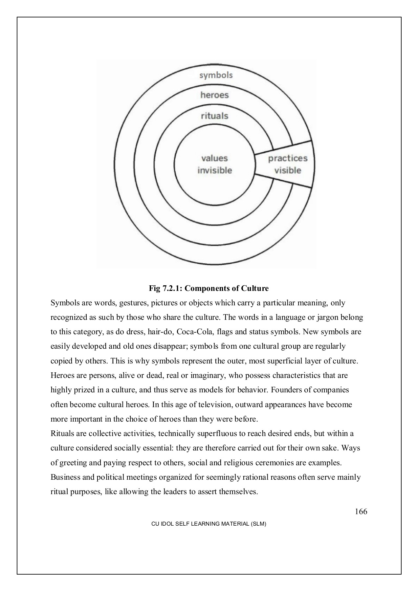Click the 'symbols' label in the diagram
click(x=216, y=75)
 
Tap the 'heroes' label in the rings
click(x=214, y=95)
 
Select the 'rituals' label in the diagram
click(x=214, y=116)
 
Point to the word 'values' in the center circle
click(x=214, y=158)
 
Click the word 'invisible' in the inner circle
click(x=214, y=170)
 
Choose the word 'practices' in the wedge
click(x=288, y=158)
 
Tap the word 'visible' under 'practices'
click(x=288, y=170)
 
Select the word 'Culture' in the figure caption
click(x=255, y=289)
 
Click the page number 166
click(x=361, y=512)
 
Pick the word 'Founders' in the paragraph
click(x=286, y=390)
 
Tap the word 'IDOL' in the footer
click(x=164, y=524)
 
